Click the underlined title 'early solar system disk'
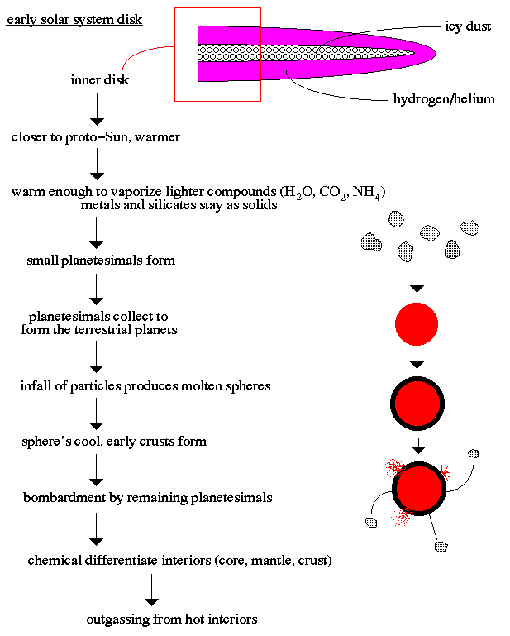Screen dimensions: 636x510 (x=74, y=18)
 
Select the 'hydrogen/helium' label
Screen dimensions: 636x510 (x=444, y=99)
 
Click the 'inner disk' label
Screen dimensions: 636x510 (x=99, y=80)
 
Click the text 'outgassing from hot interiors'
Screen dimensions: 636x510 (x=171, y=619)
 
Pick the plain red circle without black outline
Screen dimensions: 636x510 (x=417, y=324)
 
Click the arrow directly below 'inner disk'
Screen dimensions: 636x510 (x=98, y=108)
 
